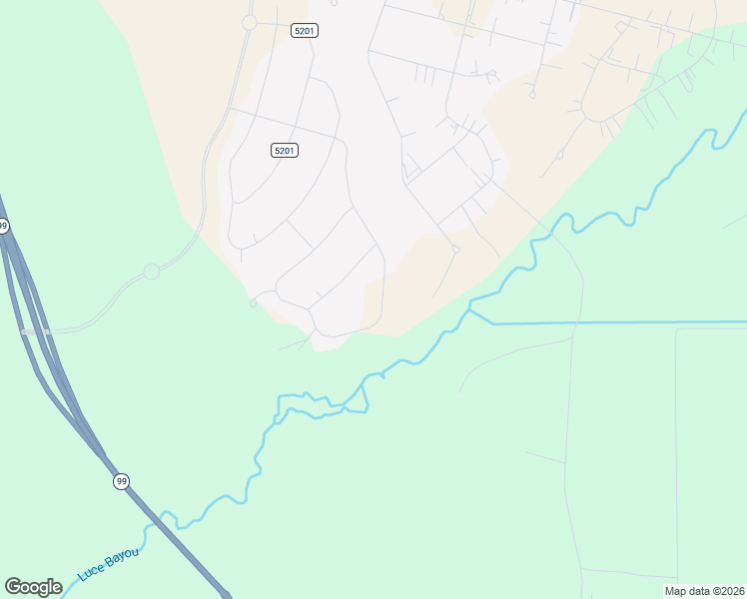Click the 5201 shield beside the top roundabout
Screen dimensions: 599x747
tap(305, 31)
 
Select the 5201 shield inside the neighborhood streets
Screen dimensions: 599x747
tap(285, 150)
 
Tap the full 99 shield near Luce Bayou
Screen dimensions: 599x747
tap(121, 481)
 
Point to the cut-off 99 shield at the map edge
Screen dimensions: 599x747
tap(4, 227)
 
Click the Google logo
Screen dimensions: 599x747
tap(33, 587)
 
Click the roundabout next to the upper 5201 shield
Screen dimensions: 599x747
tap(250, 22)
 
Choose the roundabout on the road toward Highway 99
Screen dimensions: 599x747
tap(152, 272)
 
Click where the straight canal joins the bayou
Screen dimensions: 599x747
tap(470, 310)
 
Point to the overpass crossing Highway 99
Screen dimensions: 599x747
tap(35, 330)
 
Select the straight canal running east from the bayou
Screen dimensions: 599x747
tap(619, 322)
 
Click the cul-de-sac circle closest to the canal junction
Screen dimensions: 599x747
tap(455, 250)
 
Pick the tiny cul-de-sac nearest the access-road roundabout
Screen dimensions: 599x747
tap(254, 303)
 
